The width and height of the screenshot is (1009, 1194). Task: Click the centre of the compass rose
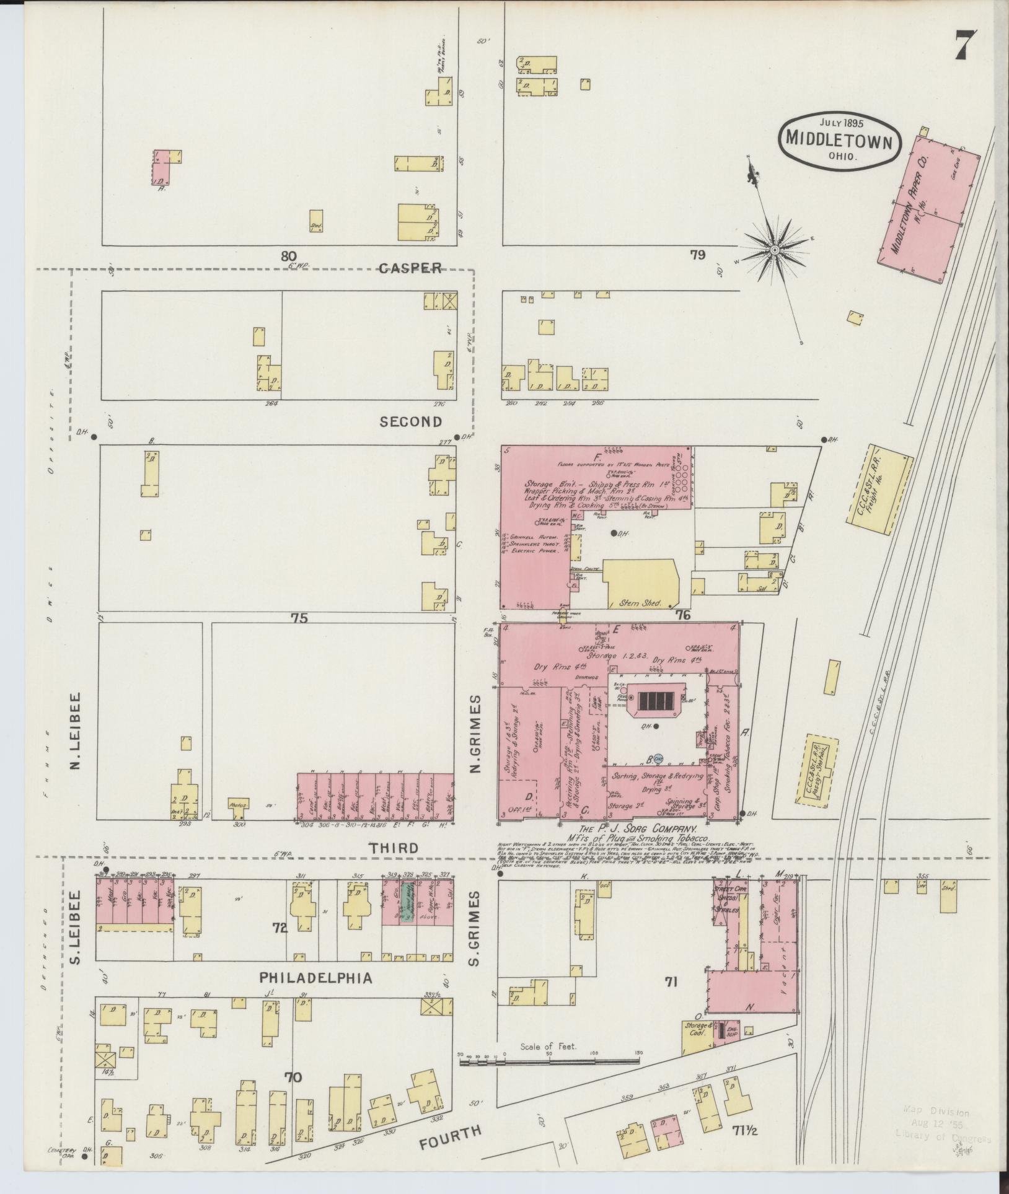tap(774, 249)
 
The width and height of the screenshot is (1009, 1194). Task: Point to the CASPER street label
tap(410, 268)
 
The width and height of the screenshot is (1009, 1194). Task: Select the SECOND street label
tap(411, 422)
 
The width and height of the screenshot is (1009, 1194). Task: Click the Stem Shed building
tap(641, 602)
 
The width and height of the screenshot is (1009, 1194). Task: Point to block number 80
tap(288, 255)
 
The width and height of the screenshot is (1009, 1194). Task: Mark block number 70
tap(293, 1078)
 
